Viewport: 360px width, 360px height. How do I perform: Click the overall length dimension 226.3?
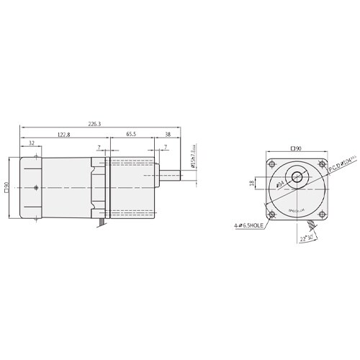point(94,124)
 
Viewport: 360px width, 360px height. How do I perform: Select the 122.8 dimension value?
point(64,134)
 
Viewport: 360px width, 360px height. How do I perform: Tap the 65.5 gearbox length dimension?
point(132,134)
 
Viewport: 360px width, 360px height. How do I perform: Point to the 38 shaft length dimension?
point(167,134)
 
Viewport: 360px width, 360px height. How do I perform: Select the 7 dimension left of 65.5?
point(99,148)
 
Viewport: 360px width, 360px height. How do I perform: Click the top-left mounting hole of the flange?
point(271,165)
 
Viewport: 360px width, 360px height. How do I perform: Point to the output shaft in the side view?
point(169,175)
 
